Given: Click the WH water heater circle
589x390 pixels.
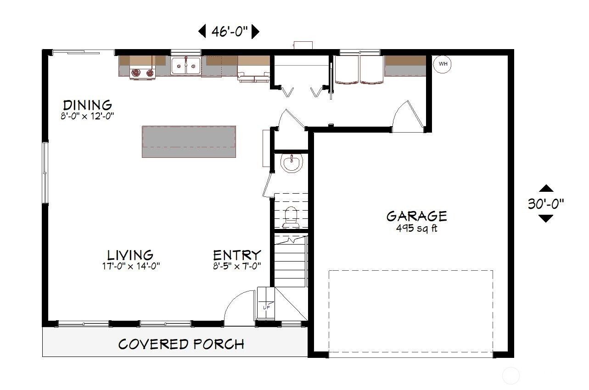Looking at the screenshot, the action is pos(443,64).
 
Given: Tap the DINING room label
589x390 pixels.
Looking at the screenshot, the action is pos(88,105).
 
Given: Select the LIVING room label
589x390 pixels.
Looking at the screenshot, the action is pos(130,255).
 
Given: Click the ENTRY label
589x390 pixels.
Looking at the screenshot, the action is pos(237,255).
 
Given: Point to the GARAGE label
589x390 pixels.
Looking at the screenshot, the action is pos(416,216).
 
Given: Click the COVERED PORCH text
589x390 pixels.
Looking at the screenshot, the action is pos(181,344).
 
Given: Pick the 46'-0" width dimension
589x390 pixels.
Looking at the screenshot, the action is pos(230,32).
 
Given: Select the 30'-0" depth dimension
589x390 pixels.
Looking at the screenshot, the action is pos(546,204).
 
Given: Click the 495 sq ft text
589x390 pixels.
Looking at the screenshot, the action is pos(417,228).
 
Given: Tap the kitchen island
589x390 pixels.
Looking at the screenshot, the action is pos(189,142).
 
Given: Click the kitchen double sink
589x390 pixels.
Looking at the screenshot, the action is pos(185,66).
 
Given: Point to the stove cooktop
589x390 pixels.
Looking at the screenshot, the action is pos(143,72).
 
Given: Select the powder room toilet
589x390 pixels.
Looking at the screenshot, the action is pos(291,217).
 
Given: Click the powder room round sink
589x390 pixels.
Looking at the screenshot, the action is pos(292,163).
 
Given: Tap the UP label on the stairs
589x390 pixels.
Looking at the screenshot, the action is pos(266,307).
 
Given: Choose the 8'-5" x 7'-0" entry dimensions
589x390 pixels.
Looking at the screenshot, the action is pos(237,266).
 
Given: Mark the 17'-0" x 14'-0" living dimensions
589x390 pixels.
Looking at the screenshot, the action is pos(131,266).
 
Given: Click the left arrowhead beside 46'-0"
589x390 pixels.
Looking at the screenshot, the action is pos(202,32).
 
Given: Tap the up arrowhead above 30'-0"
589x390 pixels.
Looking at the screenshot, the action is pos(546,188).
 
